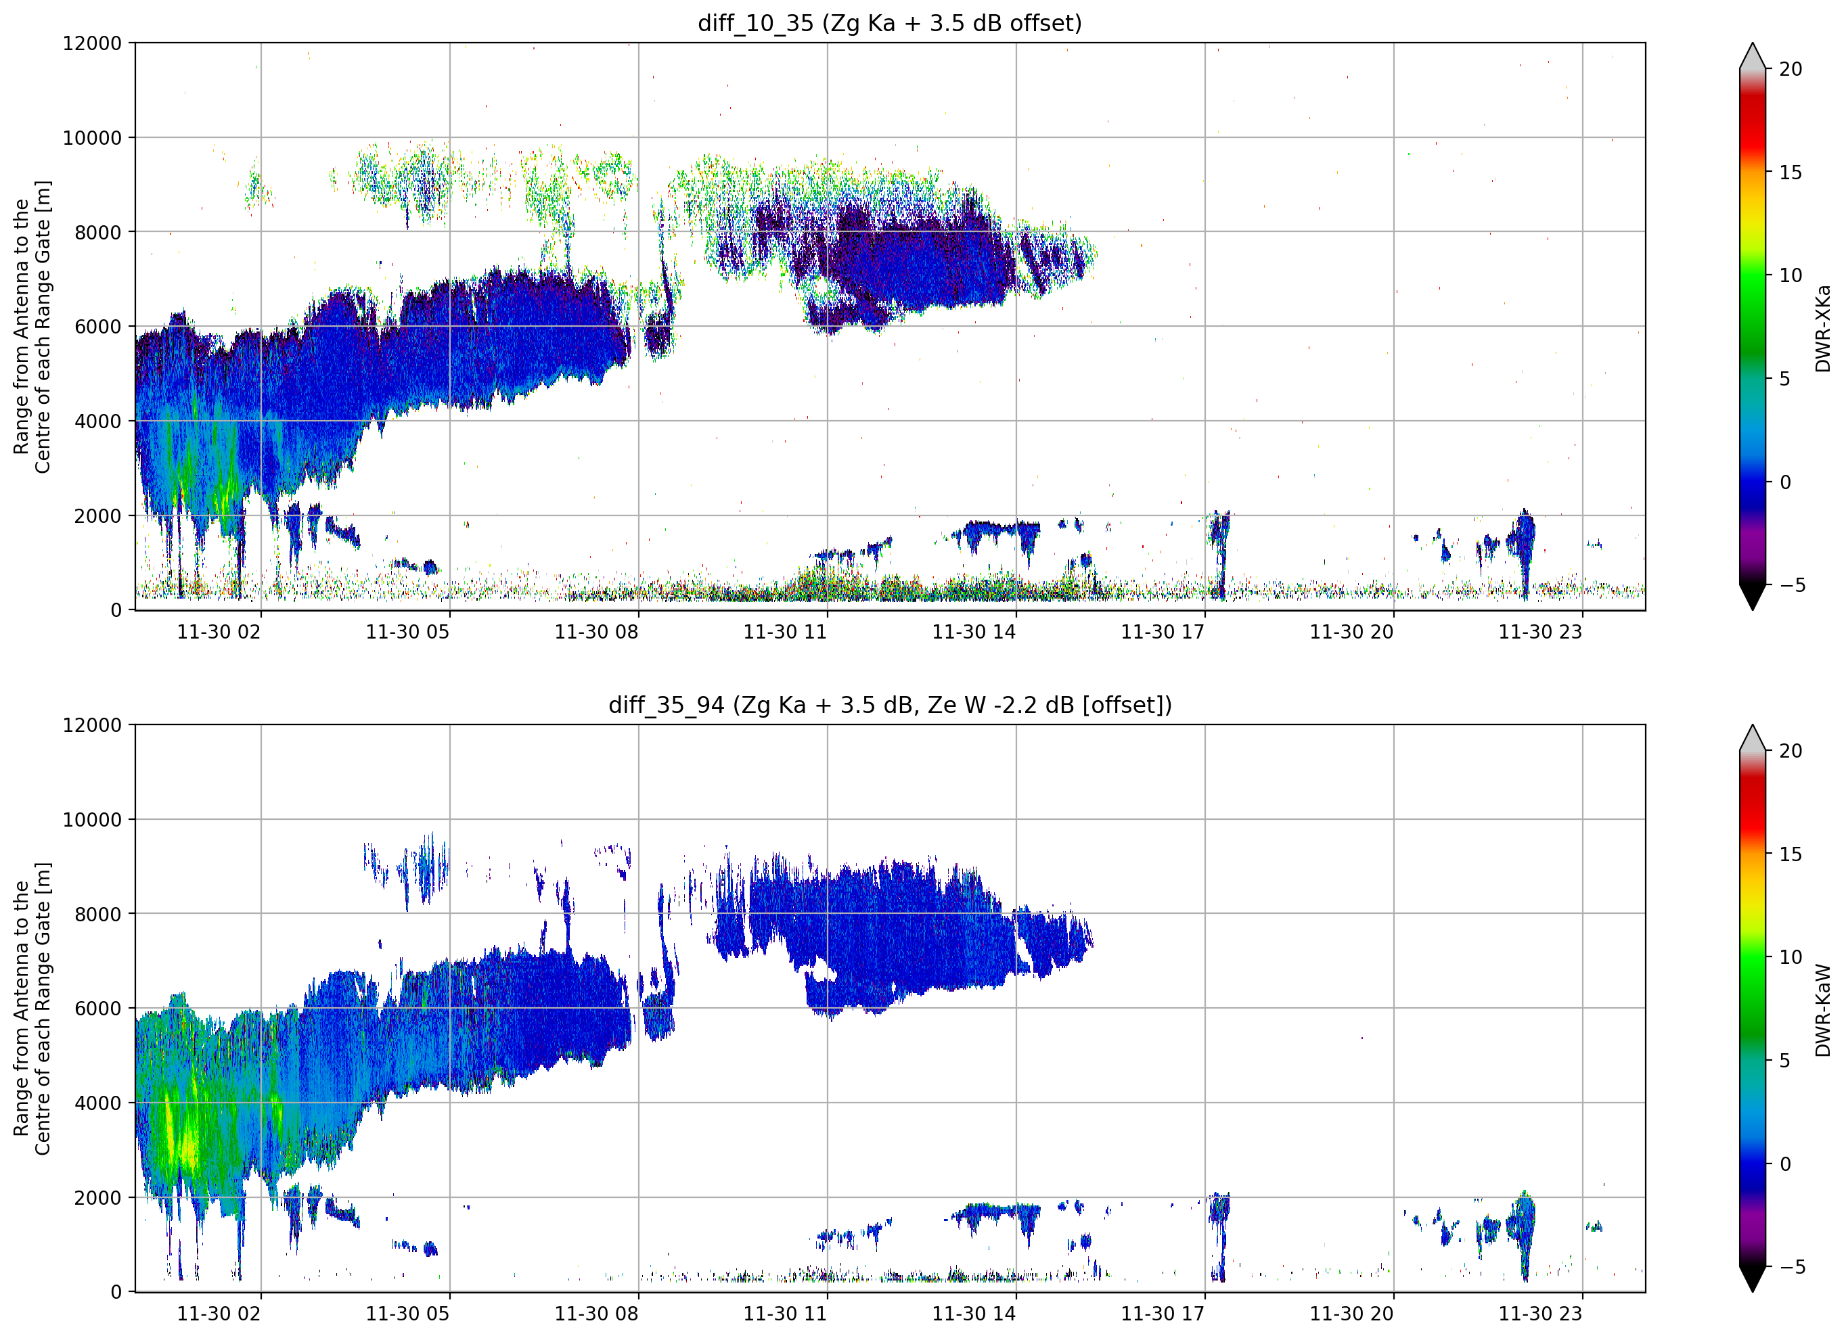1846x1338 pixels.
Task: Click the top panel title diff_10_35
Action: coord(755,24)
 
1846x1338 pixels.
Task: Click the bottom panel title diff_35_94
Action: coord(666,705)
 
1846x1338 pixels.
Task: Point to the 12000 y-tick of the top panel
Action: coord(92,43)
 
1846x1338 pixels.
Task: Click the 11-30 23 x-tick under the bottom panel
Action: coord(1541,1314)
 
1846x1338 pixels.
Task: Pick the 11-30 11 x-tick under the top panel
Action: coord(786,632)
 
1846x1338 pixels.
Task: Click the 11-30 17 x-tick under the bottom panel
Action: coord(1163,1314)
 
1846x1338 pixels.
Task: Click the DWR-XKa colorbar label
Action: coord(1822,328)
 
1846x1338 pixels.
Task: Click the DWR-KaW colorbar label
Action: coord(1822,1010)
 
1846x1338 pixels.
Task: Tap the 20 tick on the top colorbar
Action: coord(1791,69)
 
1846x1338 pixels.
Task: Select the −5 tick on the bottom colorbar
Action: coord(1787,1266)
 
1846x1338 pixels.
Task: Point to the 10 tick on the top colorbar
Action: coord(1791,275)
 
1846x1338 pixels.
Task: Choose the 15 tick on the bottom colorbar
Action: coord(1791,854)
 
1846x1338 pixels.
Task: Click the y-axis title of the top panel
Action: coord(32,326)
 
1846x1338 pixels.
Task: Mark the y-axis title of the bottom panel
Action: coord(32,1009)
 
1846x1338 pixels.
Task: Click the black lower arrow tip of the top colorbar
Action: coord(1753,609)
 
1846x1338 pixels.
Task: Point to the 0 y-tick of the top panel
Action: coord(116,610)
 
